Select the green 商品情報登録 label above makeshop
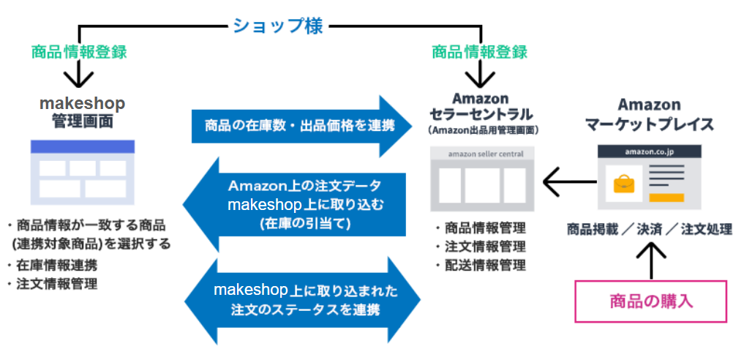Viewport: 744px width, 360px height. (79, 52)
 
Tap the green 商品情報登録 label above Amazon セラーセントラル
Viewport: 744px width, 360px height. (479, 52)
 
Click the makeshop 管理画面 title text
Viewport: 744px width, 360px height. (82, 112)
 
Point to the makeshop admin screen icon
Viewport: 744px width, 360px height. (82, 169)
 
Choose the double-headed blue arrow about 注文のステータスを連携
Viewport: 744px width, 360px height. (302, 300)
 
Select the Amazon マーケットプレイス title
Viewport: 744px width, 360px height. (649, 114)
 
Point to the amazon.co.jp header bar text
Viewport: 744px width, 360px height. (649, 151)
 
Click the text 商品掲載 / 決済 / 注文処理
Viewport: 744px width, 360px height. (649, 229)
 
